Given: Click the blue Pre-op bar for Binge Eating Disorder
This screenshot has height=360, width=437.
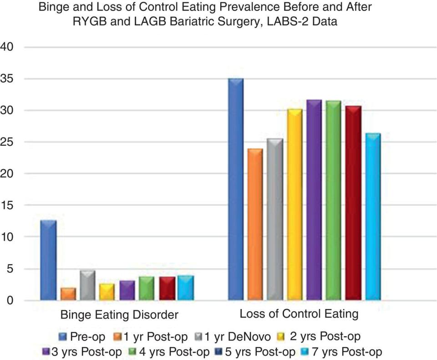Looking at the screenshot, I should coord(48,260).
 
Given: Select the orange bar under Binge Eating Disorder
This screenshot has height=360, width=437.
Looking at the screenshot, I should coord(68,294).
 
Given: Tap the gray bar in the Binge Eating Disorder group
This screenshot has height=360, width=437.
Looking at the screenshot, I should coord(88,285).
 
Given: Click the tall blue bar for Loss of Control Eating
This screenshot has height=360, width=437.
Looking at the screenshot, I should coord(235,189).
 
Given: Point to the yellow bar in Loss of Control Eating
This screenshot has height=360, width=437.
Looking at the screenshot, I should coord(294,205).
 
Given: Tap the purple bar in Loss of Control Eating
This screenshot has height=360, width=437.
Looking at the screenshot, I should coord(314,200).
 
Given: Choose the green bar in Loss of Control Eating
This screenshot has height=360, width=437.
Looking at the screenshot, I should coord(334,201).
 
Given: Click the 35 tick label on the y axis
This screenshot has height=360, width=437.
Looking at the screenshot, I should coord(9,79).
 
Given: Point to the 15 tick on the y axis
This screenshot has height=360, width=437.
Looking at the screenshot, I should coord(9,206).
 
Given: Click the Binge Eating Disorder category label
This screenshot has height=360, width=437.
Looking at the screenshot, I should coord(119,315).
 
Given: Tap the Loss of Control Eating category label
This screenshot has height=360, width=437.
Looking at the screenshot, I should coord(299,314).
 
